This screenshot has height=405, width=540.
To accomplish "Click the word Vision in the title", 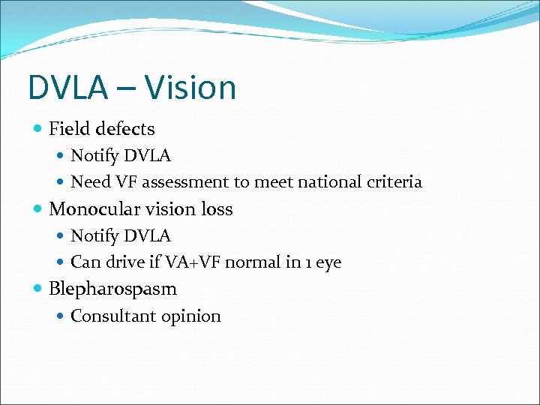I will pos(190,88).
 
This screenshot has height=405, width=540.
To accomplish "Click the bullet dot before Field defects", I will pos(38,130).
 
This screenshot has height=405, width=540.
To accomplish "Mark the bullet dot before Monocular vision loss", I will pos(38,209).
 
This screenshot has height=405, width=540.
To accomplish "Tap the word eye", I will pos(328,262).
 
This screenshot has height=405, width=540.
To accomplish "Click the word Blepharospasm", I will pos(112,289).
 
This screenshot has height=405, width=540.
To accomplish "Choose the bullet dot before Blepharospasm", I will pos(38,289).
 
